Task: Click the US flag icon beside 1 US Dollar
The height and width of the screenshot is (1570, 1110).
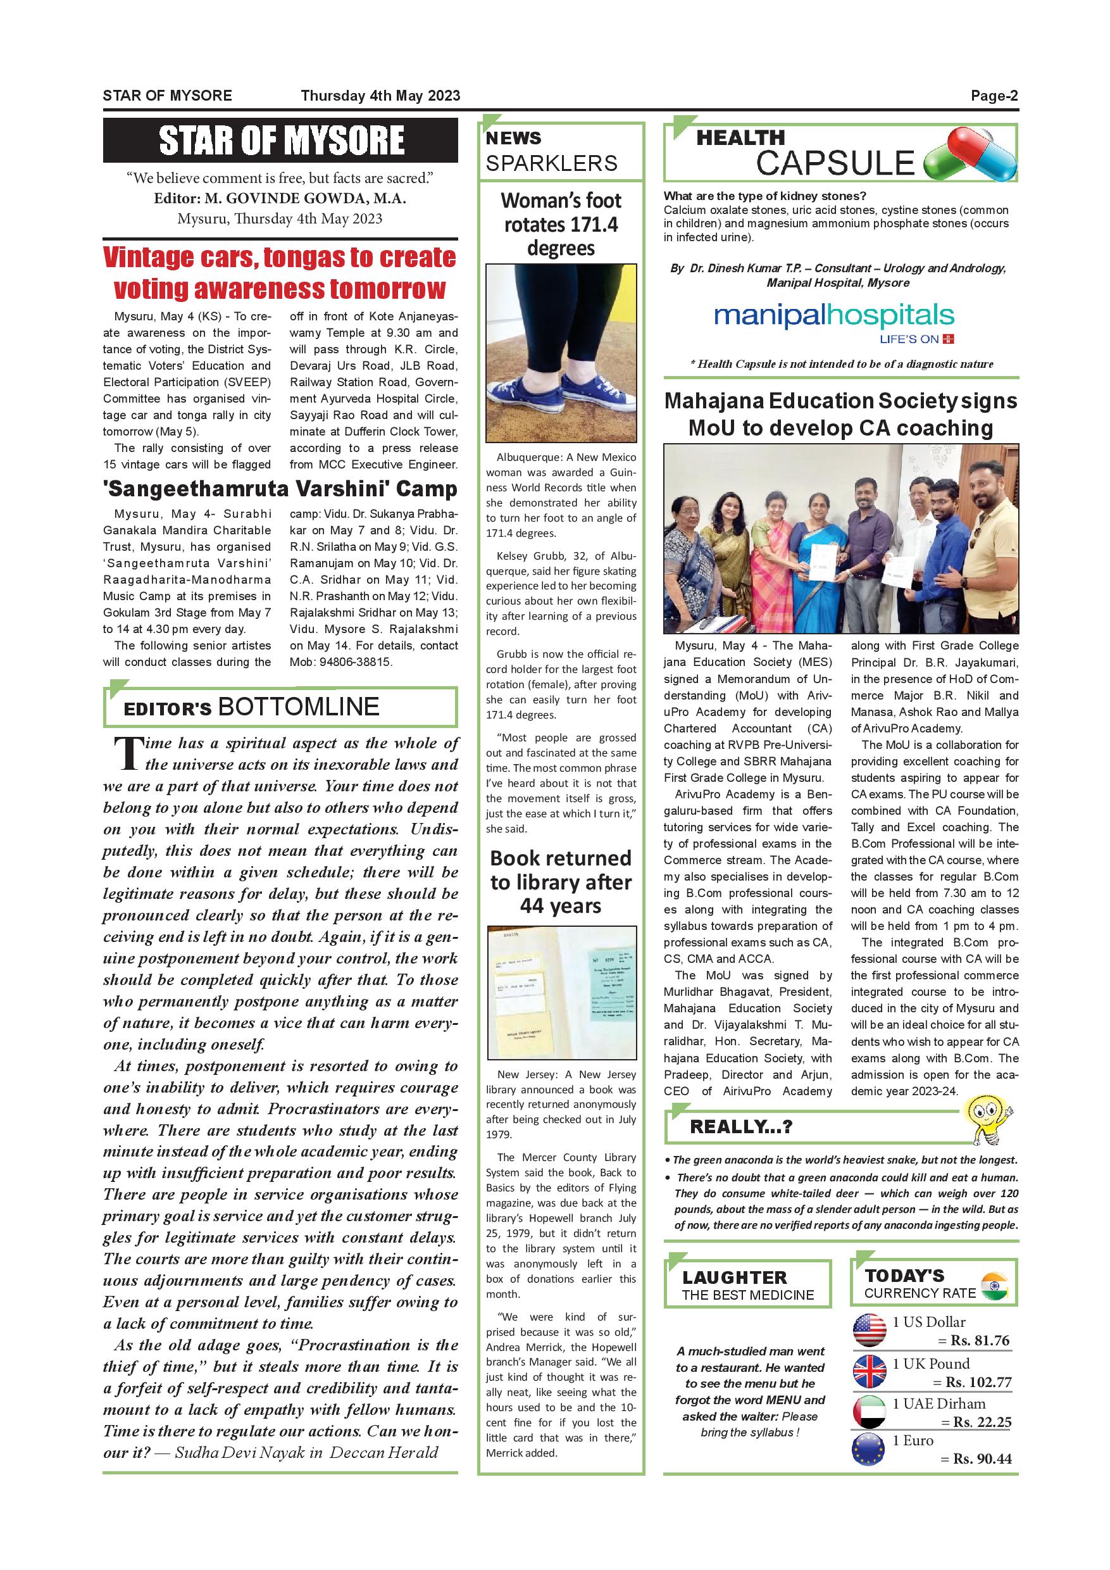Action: click(x=870, y=1330)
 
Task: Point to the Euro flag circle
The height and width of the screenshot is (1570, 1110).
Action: click(x=870, y=1449)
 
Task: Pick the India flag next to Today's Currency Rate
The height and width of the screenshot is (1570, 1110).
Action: click(x=994, y=1287)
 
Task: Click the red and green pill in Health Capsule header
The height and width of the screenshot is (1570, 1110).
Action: click(x=970, y=154)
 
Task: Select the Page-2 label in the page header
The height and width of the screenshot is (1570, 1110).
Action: click(x=994, y=96)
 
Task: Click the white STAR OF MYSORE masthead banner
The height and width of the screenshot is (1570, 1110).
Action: click(x=281, y=140)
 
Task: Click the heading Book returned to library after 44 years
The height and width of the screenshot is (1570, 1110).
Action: click(x=561, y=882)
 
